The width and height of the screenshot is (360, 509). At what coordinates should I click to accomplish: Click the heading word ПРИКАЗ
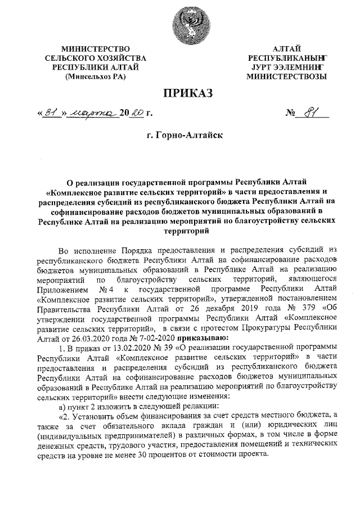[180, 93]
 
